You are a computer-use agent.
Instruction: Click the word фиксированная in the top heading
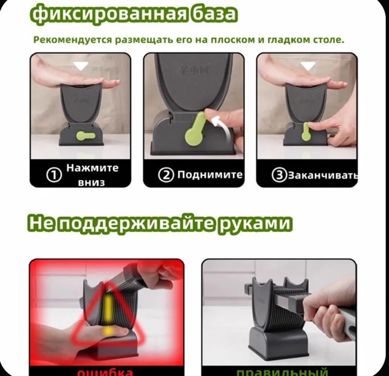click(103, 14)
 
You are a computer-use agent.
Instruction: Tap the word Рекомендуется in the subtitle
click(71, 40)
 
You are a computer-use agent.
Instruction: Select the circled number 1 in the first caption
click(54, 175)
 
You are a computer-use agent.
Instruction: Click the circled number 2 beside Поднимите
click(167, 175)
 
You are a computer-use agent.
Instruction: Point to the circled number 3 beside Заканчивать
click(279, 175)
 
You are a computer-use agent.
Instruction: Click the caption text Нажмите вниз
click(92, 175)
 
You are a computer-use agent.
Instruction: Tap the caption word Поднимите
click(210, 175)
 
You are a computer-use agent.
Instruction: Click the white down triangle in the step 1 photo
click(80, 65)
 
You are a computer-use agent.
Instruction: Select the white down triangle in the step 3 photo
click(308, 65)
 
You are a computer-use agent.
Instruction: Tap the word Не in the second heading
click(42, 224)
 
